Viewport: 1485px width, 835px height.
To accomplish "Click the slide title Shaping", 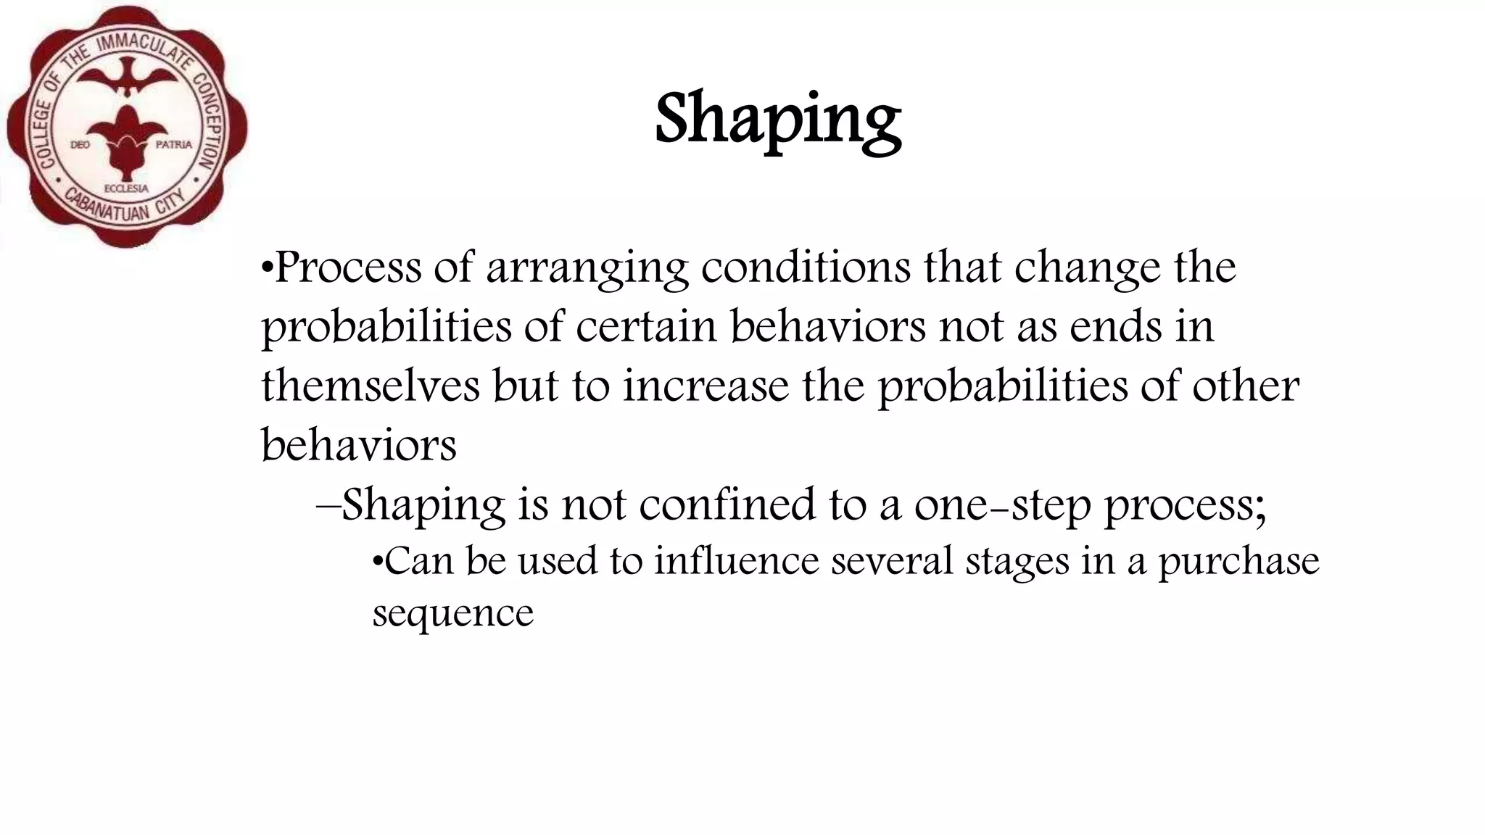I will pyautogui.click(x=778, y=120).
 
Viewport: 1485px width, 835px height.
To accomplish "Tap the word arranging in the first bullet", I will pyautogui.click(x=587, y=269).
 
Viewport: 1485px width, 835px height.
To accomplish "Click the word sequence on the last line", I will pyautogui.click(x=453, y=614).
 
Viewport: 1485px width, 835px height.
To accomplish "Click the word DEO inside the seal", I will pyautogui.click(x=80, y=145).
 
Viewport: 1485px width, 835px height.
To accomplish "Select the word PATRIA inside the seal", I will pyautogui.click(x=174, y=145).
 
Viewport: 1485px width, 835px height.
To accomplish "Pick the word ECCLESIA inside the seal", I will pyautogui.click(x=127, y=188).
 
